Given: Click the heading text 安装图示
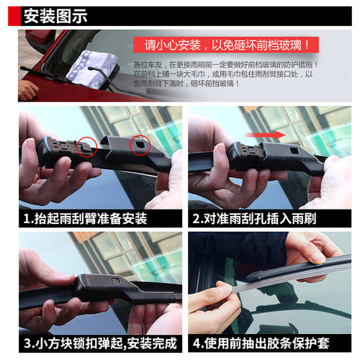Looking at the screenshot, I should click(x=55, y=14).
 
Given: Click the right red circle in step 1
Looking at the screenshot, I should click(x=136, y=147).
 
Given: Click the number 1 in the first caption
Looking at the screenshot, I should click(x=27, y=217).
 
